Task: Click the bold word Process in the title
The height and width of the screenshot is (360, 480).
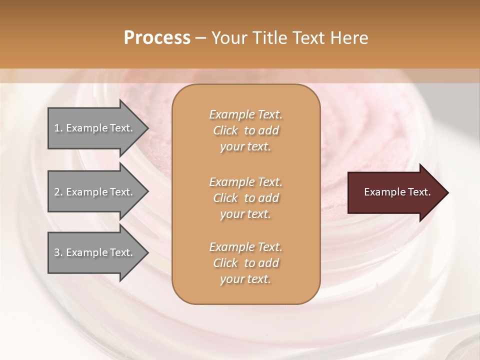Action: (157, 38)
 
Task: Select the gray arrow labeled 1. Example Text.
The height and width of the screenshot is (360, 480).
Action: (95, 128)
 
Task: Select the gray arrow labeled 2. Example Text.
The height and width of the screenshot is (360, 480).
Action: (95, 192)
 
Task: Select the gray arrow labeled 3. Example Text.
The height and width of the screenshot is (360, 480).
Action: (95, 252)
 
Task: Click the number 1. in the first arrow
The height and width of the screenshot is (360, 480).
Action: (58, 128)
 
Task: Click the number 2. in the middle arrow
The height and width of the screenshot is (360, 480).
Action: (58, 192)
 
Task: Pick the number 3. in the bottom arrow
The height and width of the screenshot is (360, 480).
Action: (58, 252)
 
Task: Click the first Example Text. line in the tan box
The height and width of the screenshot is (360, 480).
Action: (245, 114)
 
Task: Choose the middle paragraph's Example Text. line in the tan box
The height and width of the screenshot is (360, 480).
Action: (245, 181)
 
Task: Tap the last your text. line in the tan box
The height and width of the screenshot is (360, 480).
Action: (245, 279)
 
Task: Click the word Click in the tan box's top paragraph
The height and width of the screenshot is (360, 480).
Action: (225, 130)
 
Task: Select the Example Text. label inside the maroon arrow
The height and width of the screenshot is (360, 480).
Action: (397, 192)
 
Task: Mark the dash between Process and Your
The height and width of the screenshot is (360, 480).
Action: (200, 38)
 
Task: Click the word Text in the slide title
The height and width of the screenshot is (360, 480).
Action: (309, 38)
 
